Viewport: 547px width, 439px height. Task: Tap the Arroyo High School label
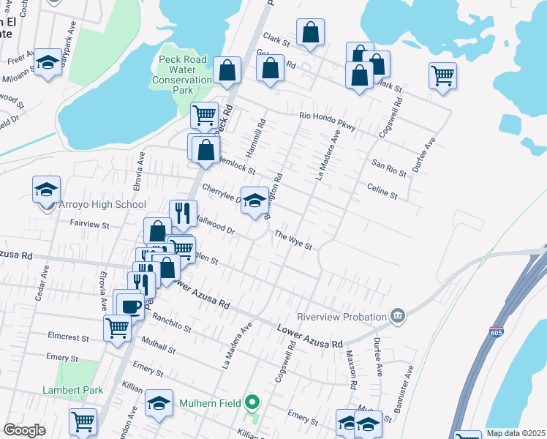[x=102, y=205]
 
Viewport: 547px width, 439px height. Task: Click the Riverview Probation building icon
[x=397, y=316]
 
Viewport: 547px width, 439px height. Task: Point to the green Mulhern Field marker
[x=252, y=402]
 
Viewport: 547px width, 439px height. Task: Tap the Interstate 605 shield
[x=497, y=332]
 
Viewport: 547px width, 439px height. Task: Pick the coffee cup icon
[x=131, y=306]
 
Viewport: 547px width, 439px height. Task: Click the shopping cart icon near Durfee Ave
[x=443, y=74]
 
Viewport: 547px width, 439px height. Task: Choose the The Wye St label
[x=293, y=239]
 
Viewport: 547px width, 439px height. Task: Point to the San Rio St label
[x=389, y=170]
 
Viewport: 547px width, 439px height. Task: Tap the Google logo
[x=24, y=430]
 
